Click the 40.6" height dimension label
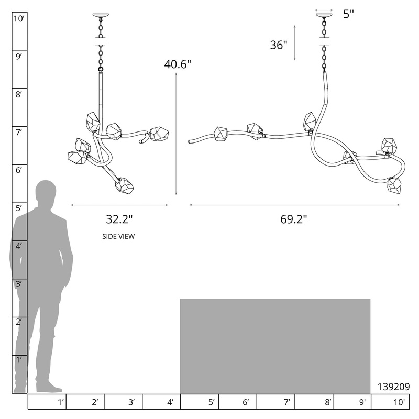coord(178,64)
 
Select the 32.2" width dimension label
coord(119,219)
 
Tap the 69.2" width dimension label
coord(294,219)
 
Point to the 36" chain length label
coord(279,45)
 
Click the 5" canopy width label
coord(348,14)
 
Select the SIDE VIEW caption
coord(118,237)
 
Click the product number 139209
coord(393,387)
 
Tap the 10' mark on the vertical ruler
coord(19,19)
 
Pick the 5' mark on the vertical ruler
coord(19,208)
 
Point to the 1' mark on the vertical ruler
coord(19,360)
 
